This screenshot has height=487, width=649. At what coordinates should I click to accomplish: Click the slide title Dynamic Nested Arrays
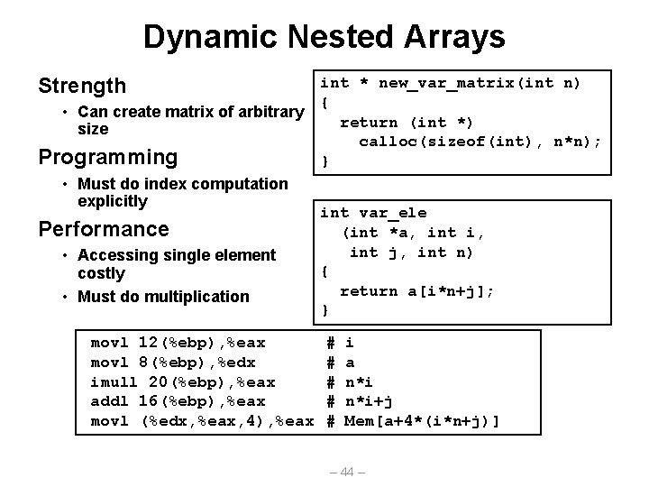(324, 37)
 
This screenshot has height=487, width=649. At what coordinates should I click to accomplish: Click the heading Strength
(81, 86)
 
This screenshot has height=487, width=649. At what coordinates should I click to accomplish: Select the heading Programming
(106, 157)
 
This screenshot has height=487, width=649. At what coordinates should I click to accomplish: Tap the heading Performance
(103, 228)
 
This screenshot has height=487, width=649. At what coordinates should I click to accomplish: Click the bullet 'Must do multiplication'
(163, 296)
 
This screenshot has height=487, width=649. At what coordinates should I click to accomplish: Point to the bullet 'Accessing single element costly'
(177, 264)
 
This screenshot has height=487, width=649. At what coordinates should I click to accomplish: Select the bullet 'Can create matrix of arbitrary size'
(190, 120)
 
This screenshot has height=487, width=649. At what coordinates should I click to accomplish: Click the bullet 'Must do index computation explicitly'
(183, 192)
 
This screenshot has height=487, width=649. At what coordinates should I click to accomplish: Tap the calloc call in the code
(479, 142)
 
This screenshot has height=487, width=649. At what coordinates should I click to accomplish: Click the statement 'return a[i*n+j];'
(416, 290)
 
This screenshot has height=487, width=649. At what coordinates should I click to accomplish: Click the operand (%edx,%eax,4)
(204, 421)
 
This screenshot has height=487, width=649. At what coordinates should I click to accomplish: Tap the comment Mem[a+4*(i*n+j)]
(423, 421)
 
